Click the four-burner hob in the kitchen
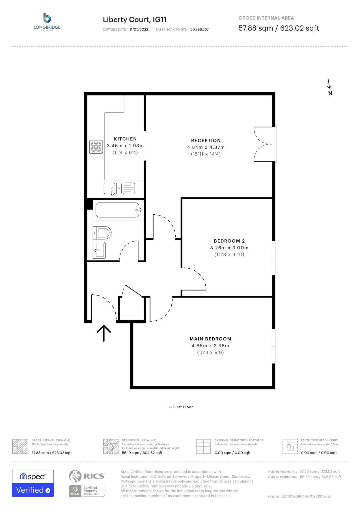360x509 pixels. (96, 147)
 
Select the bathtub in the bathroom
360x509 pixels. (117, 210)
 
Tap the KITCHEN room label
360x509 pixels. (125, 139)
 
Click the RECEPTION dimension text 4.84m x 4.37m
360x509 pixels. (206, 147)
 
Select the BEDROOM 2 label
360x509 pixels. (229, 241)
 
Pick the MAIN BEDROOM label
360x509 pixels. (210, 339)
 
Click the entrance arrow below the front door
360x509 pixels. (104, 333)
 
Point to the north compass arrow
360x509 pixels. (329, 84)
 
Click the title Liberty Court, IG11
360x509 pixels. (135, 20)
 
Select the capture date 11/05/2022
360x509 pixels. (139, 29)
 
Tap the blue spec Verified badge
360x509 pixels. (33, 483)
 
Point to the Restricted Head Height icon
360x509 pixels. (290, 447)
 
